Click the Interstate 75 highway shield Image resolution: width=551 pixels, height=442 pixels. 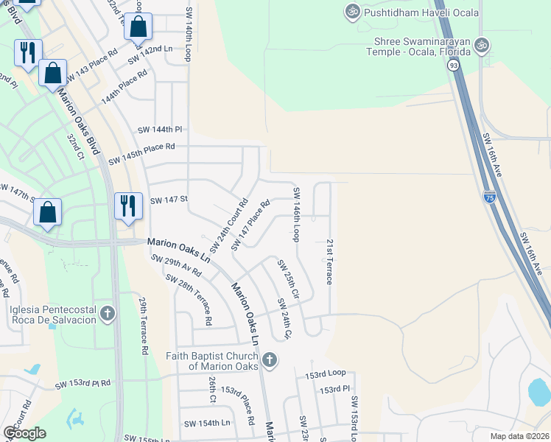[x=490, y=197]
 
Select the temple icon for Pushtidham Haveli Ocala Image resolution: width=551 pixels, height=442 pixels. [x=351, y=11]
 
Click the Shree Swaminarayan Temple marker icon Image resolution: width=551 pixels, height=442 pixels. [x=482, y=45]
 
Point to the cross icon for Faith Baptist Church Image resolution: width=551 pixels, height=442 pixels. [x=270, y=360]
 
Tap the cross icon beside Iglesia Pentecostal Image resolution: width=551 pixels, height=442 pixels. [x=108, y=314]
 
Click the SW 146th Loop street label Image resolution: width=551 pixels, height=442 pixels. [x=296, y=214]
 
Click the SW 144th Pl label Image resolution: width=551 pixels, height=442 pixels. [x=159, y=130]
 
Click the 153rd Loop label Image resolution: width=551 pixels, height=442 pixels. [x=326, y=374]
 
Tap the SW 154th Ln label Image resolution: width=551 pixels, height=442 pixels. [x=207, y=424]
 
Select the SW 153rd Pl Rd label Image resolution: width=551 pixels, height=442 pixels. [x=83, y=384]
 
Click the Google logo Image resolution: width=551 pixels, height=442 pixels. [x=24, y=433]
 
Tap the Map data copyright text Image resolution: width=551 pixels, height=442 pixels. [x=519, y=436]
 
